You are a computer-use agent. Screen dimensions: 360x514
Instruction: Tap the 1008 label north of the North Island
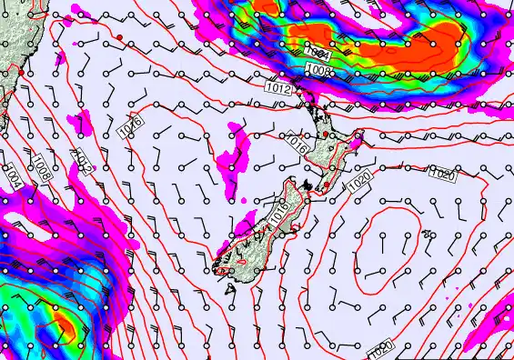click(x=317, y=70)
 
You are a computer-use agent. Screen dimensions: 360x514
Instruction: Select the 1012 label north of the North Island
click(x=280, y=88)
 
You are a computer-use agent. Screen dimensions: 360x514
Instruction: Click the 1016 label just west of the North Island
click(x=297, y=143)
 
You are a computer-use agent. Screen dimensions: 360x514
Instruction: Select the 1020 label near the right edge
click(x=442, y=174)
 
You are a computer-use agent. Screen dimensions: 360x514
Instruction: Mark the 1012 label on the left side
click(x=84, y=162)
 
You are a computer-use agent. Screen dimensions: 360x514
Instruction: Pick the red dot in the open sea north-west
click(x=119, y=35)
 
